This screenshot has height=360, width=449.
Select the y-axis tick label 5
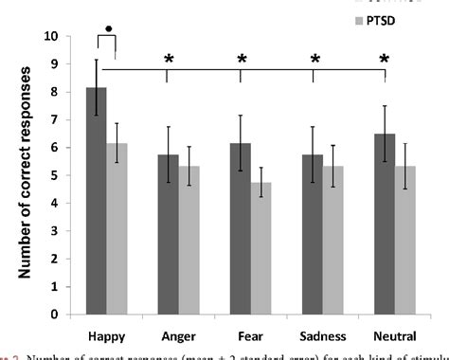pos(59,175)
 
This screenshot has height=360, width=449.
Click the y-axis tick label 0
pos(59,315)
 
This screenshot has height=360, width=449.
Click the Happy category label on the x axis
pos(107,334)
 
